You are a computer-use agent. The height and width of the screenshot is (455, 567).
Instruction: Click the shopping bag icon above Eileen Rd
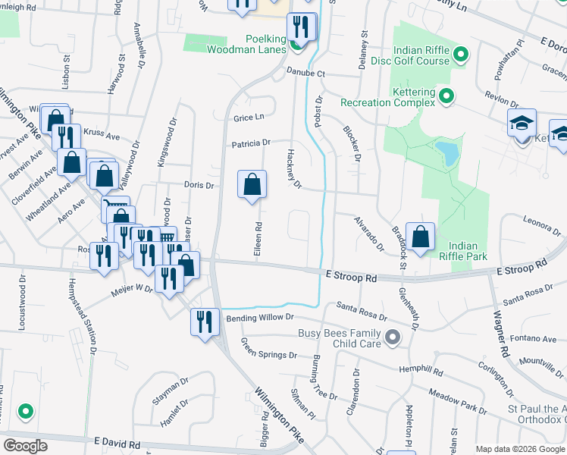(252, 184)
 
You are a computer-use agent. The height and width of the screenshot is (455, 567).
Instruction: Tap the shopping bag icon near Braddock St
(420, 236)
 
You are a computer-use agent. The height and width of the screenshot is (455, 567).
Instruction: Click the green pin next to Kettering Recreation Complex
(446, 96)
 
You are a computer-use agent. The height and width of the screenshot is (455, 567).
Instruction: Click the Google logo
(25, 445)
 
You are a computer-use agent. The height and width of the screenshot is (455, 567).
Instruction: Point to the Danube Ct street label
(305, 74)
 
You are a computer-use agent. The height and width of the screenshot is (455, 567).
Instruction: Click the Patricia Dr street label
(251, 143)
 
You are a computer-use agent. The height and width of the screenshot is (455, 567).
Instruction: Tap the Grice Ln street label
(249, 118)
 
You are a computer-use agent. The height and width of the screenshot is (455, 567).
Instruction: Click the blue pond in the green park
(447, 153)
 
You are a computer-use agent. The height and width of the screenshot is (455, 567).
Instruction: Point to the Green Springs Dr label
(268, 350)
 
